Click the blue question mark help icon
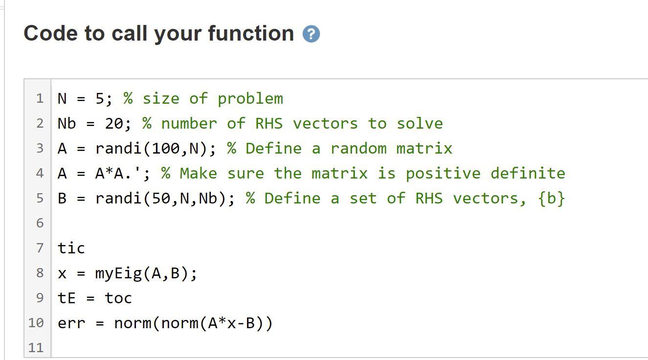(x=311, y=34)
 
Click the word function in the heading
(x=251, y=33)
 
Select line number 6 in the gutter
(x=40, y=223)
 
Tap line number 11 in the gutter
(x=36, y=348)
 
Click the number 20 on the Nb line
(x=114, y=124)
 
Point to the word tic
(x=71, y=248)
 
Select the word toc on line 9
(x=118, y=298)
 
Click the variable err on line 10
(x=71, y=323)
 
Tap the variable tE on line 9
(x=67, y=298)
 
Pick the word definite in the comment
(x=528, y=173)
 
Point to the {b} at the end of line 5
(x=551, y=198)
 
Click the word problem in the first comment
(x=250, y=99)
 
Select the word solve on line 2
(x=420, y=124)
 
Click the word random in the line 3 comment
(x=358, y=149)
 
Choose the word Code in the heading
(x=51, y=33)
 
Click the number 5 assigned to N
(x=99, y=99)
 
